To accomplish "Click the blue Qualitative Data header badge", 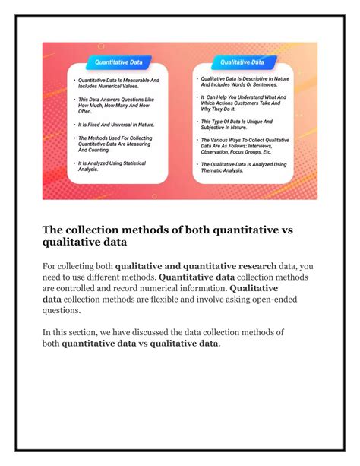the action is tap(242, 62).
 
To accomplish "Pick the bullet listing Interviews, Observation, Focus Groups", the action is tap(243, 145).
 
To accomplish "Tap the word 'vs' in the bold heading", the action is tap(305, 228).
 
